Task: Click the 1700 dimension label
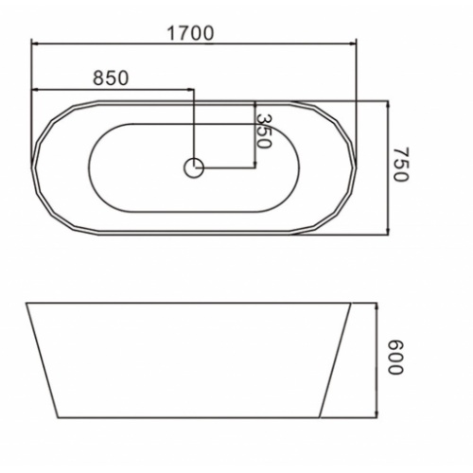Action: click(190, 33)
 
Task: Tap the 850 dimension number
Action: click(111, 78)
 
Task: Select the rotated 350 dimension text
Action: click(263, 131)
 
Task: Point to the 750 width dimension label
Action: click(401, 164)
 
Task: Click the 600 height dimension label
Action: click(394, 358)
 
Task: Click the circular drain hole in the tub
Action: click(194, 167)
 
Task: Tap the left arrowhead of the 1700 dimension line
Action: click(35, 44)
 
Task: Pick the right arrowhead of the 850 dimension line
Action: click(190, 90)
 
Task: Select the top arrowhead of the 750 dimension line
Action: click(388, 104)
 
